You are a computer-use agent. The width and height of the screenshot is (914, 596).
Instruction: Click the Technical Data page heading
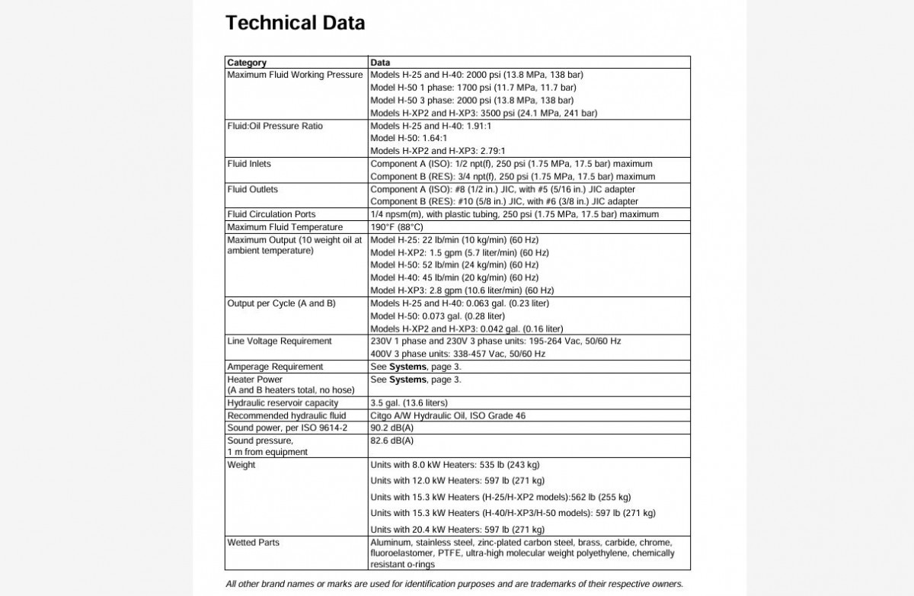tap(295, 23)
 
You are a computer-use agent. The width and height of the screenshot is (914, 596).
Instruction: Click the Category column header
tap(247, 62)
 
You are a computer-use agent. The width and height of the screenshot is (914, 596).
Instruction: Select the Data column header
tap(380, 62)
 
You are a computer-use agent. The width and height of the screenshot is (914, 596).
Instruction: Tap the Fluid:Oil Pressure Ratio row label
tap(275, 126)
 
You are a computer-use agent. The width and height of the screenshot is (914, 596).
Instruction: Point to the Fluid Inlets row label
tap(249, 164)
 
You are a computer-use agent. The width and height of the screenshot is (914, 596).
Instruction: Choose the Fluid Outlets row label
tap(253, 189)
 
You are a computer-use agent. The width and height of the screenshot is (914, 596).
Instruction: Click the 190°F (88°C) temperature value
tap(396, 227)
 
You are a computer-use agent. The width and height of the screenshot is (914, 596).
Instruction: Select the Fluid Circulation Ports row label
tap(271, 214)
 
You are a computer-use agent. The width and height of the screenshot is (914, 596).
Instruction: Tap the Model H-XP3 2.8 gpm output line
tap(462, 290)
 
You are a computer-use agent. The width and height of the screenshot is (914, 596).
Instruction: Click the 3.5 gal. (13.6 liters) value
tap(409, 402)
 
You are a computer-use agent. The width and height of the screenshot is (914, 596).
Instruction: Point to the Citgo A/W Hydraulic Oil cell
tap(447, 415)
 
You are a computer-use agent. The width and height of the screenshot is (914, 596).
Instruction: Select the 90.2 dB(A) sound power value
tap(391, 428)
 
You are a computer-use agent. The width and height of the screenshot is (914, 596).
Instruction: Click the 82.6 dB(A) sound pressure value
tap(391, 441)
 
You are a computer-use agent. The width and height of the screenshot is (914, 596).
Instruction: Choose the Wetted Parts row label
tap(254, 543)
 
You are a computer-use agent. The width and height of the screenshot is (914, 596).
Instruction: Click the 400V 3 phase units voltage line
tap(458, 354)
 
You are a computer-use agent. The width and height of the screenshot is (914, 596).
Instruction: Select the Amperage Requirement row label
tap(275, 367)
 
